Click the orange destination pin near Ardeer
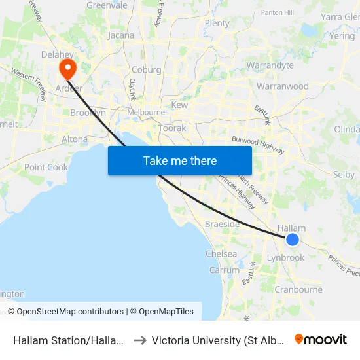click(67, 69)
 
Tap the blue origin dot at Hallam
click(293, 240)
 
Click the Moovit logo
click(321, 339)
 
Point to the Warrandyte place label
click(270, 65)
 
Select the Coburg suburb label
click(146, 70)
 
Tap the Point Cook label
click(46, 167)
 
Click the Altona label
click(74, 139)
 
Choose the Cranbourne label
click(298, 289)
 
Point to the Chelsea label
click(221, 253)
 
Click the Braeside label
click(222, 224)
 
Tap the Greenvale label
click(107, 5)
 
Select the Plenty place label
click(217, 23)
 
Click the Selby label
click(344, 175)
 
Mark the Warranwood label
click(283, 86)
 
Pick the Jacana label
click(121, 35)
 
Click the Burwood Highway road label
click(258, 145)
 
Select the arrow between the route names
click(141, 340)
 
